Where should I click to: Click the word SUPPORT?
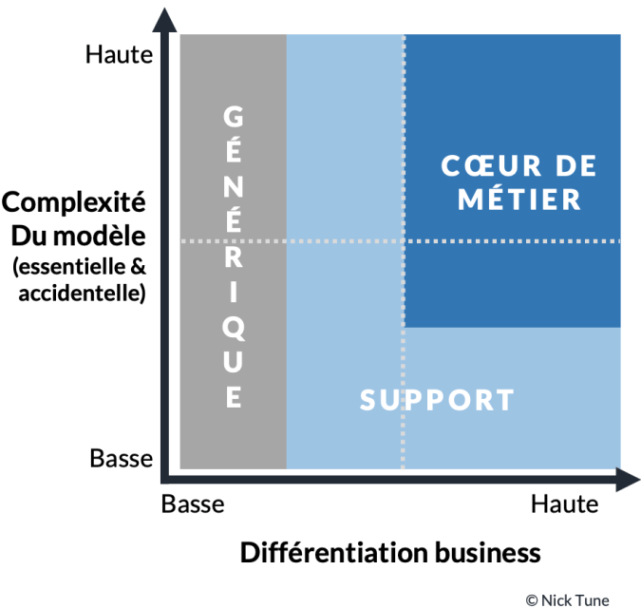coord(437,400)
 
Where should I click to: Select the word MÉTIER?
coord(518,199)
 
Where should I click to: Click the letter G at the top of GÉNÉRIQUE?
coord(233,117)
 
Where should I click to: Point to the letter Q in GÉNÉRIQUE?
coord(233,328)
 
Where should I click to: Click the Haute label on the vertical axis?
coord(119,54)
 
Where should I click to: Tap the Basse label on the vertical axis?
coord(121,459)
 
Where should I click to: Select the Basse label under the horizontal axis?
coord(193,503)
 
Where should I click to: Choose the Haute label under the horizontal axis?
coord(564,503)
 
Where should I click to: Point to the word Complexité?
coord(73,202)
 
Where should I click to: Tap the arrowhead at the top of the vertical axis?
coord(168,17)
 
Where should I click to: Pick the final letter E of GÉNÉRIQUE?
coord(233,396)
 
